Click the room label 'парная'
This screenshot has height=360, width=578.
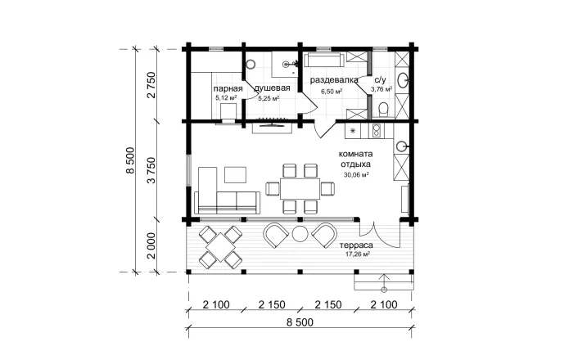228,88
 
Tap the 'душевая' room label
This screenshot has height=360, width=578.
272,88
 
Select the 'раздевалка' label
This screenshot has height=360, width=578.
334,80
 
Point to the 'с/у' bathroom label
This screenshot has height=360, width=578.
380,80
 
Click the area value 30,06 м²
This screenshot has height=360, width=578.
356,175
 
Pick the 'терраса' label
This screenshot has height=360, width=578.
356,245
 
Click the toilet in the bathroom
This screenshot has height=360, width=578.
383,110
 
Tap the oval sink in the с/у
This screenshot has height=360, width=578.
402,80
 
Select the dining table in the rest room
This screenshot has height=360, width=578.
300,189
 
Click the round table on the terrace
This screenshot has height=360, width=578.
300,233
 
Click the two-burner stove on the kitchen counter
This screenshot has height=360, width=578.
377,130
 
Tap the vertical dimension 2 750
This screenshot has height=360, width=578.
151,85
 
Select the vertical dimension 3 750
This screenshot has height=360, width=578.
151,171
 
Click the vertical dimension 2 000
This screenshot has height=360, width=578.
151,245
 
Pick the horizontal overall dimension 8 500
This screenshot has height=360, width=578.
300,322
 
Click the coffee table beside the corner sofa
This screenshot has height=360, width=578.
235,175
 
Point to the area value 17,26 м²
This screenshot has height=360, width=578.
358,254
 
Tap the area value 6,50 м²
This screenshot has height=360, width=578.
332,92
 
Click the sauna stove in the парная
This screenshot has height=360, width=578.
228,111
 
